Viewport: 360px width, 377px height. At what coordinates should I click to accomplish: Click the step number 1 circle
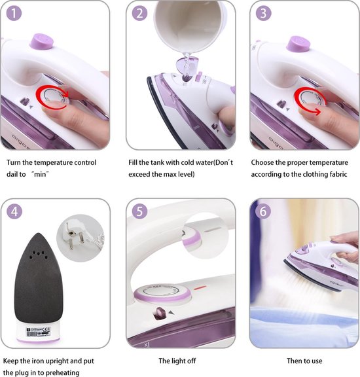pos(14,13)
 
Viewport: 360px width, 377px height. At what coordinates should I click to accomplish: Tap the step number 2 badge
pos(139,13)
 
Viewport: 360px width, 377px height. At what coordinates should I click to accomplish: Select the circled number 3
pos(264,13)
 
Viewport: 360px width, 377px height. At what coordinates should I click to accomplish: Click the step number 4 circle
pos(14,211)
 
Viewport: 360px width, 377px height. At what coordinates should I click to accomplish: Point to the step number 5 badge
pos(139,211)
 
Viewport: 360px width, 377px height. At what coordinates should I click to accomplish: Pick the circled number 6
pos(263,211)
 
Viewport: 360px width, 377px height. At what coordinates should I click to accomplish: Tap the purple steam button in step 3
pos(298,44)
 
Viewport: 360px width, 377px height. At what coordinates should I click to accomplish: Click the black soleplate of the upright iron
pos(39,279)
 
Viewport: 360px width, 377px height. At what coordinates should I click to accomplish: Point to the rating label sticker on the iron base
pos(38,331)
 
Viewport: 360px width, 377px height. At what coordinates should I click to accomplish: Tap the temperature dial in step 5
pos(162,292)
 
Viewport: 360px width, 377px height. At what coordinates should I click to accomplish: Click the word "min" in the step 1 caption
pos(40,174)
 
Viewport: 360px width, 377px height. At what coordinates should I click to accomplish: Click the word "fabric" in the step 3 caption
pos(338,174)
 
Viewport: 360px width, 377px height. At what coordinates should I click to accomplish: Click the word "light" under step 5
pos(177,361)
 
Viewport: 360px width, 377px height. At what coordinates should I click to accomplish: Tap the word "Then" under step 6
pos(295,361)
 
